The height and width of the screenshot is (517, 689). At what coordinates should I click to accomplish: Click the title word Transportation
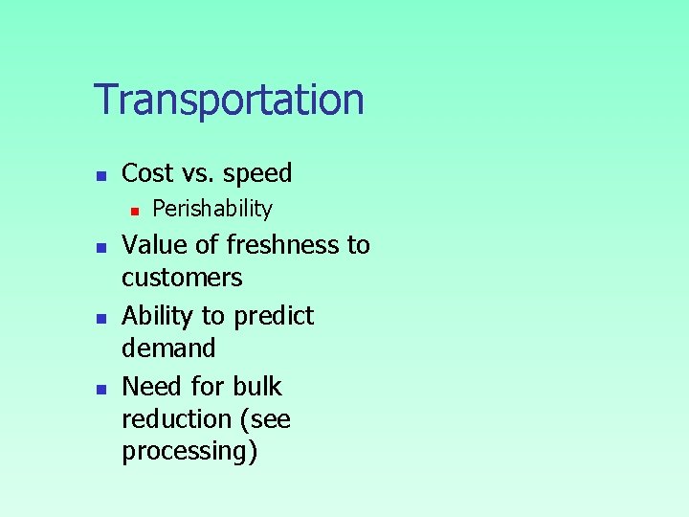(229, 100)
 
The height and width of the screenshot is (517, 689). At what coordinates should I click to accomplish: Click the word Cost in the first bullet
(147, 173)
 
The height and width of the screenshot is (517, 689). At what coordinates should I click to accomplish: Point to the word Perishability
(212, 209)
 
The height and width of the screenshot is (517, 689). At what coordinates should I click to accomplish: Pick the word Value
(154, 245)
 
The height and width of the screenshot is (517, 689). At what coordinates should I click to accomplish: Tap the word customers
(182, 279)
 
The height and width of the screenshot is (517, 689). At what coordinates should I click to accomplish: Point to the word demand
(168, 348)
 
